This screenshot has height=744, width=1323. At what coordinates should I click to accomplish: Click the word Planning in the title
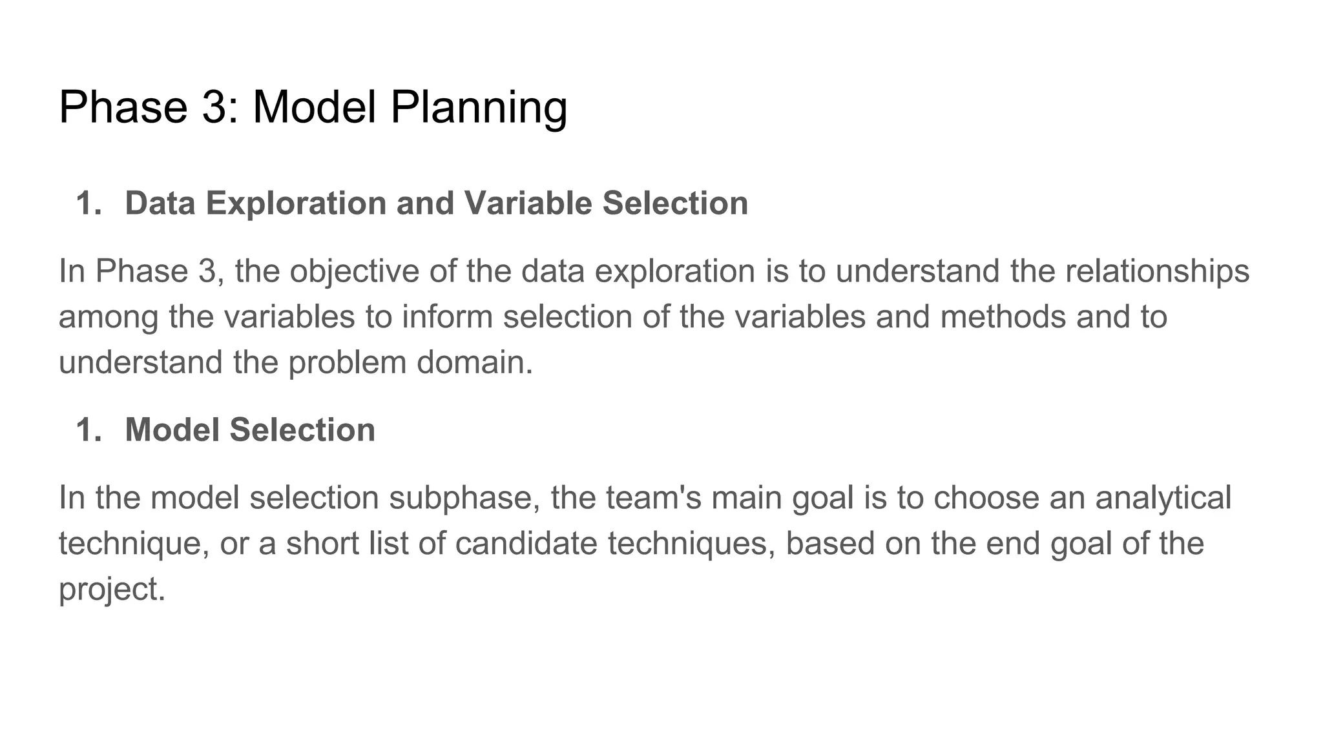(479, 107)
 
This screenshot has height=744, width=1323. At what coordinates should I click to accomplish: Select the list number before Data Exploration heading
(89, 203)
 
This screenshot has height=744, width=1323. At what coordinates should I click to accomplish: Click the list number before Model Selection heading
(89, 430)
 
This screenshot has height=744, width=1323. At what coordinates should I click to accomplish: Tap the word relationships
(1157, 271)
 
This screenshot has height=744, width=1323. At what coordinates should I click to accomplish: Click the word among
(108, 317)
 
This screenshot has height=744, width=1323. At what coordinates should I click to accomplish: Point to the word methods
(1003, 317)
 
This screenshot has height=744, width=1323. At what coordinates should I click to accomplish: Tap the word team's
(654, 499)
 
